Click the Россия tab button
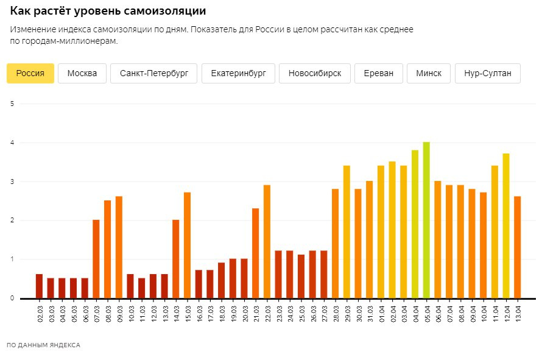(x=30, y=73)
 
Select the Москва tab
(x=82, y=73)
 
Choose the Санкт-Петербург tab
(x=154, y=73)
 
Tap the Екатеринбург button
(x=238, y=73)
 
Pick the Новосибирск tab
(x=314, y=73)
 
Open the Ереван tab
(x=378, y=73)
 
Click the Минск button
(x=429, y=73)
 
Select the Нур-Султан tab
(x=487, y=73)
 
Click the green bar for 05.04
(x=426, y=220)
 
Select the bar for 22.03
(x=267, y=241)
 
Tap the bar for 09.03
(x=119, y=247)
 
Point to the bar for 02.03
(x=39, y=286)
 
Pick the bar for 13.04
(x=518, y=247)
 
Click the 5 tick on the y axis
(x=12, y=104)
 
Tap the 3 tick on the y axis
(x=12, y=182)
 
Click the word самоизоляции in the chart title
(x=168, y=12)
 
